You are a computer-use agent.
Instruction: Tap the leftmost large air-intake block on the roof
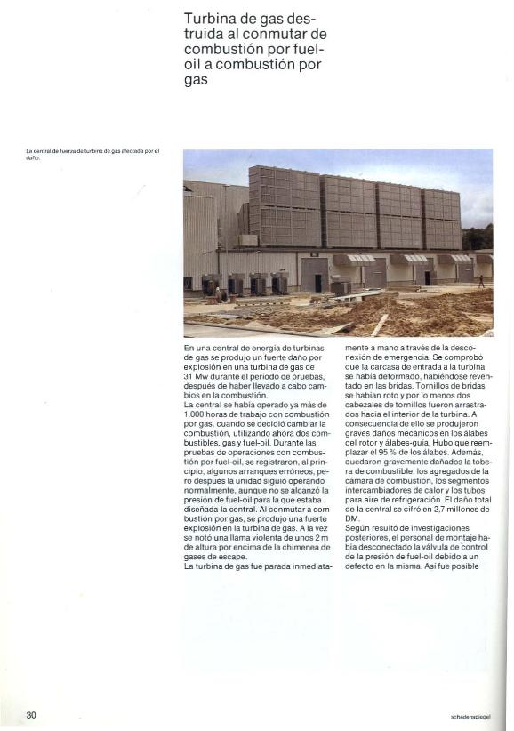coord(284,205)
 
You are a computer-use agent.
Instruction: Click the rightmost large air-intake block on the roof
coord(441,218)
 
